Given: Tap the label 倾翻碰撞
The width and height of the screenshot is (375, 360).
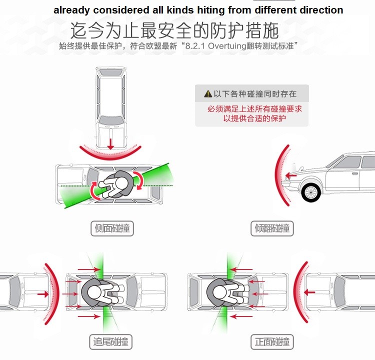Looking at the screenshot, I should tap(272, 229).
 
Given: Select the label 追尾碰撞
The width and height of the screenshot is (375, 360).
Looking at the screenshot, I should tap(110, 342).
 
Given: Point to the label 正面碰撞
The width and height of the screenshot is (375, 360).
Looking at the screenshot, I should tap(272, 342).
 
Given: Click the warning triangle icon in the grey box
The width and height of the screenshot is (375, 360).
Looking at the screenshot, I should tap(208, 93).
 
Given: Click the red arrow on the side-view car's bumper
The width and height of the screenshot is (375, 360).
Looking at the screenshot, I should tap(290, 175).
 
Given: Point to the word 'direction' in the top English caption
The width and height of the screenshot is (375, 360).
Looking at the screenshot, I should tap(317, 9).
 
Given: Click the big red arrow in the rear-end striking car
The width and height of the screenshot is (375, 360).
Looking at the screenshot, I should tap(43, 294).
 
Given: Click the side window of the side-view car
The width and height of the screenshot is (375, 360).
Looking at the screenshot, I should tap(350, 163).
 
